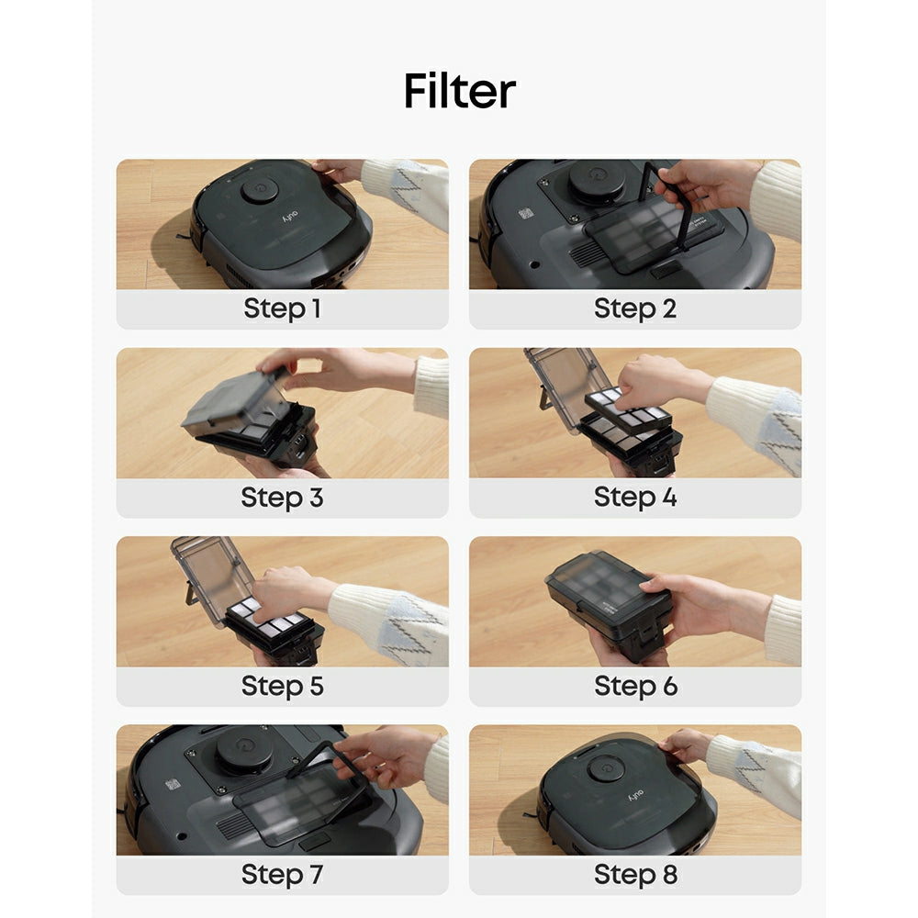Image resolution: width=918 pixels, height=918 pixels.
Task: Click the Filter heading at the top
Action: point(459,92)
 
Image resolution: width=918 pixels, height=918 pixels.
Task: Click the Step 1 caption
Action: point(282,309)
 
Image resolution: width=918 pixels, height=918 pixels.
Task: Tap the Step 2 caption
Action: point(634,309)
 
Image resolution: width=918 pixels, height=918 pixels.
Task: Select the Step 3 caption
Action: point(282,498)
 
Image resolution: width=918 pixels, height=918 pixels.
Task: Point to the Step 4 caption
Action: point(634,498)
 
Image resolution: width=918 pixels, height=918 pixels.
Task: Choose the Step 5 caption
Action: point(282,686)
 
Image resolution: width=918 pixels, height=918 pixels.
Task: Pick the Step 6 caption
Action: point(634,686)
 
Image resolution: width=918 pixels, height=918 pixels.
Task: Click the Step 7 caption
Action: point(282,875)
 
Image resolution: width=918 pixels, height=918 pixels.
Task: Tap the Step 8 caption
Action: point(634,875)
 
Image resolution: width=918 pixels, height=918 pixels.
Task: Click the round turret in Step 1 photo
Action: point(260,190)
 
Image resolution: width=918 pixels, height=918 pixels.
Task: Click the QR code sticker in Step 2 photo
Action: point(525,213)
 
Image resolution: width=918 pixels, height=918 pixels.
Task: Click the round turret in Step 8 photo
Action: point(606,767)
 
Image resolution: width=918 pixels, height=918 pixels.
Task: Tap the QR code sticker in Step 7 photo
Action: point(173,785)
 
